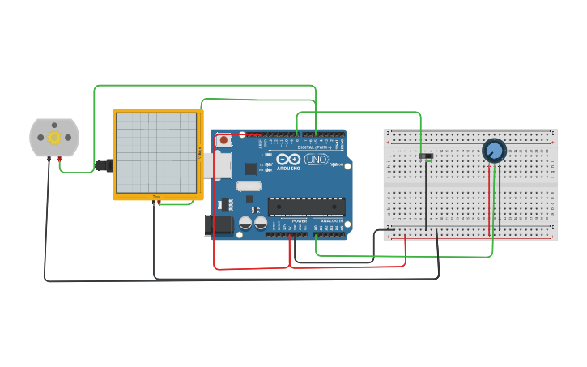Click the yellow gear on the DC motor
coord(54,137)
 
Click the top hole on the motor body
coord(54,123)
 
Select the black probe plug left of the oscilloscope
coord(103,166)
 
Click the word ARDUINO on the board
coord(288,169)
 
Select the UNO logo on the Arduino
coord(315,160)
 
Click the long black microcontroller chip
coord(306,206)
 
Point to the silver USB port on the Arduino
coord(219,165)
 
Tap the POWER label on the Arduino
coord(299,220)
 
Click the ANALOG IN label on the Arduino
coord(332,220)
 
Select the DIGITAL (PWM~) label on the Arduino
coord(316,147)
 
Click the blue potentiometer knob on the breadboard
coord(494,151)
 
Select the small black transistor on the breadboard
coord(426,156)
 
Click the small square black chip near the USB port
coord(251,169)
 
